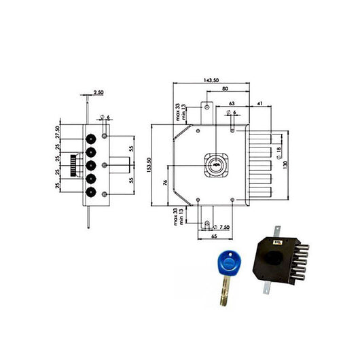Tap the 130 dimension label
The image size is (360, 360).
pyautogui.click(x=293, y=163)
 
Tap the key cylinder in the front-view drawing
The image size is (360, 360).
pyautogui.click(x=216, y=164)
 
